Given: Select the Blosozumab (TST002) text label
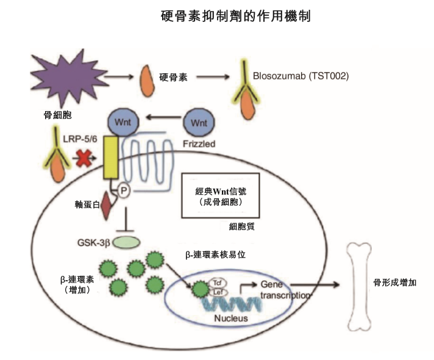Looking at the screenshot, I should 300,77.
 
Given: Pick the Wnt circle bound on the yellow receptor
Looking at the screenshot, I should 120,121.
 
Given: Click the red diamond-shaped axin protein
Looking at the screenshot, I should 105,205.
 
